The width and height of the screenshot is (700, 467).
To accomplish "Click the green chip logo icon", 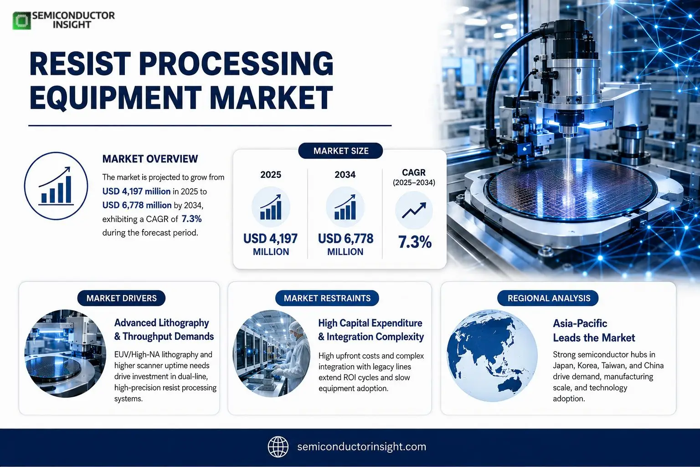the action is click(21, 21).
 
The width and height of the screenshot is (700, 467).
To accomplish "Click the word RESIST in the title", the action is click(80, 64).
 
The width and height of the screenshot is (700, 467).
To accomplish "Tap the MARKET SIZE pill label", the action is click(340, 151).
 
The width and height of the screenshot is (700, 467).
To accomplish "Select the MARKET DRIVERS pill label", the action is click(121, 298).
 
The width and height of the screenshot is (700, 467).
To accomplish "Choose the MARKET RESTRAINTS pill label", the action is click(327, 298).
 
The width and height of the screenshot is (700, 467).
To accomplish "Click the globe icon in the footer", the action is click(278, 446).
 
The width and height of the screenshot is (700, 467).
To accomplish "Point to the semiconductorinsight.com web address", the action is click(361, 446).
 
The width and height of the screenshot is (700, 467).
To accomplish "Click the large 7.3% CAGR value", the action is click(415, 242).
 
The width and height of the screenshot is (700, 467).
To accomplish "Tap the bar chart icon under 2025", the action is click(271, 207).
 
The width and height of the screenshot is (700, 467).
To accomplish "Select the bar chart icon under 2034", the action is click(345, 207).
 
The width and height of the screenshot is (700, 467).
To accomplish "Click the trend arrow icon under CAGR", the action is click(414, 210).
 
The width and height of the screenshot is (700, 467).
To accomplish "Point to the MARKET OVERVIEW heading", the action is click(150, 159).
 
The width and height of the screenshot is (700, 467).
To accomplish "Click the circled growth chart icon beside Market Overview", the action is click(56, 186).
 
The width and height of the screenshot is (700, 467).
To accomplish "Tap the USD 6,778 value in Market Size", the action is click(345, 239).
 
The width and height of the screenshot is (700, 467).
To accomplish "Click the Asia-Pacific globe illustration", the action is click(492, 356).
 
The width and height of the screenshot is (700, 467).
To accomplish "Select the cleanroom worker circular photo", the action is click(271, 353).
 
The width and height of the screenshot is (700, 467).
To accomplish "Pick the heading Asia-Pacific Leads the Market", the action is click(594, 330).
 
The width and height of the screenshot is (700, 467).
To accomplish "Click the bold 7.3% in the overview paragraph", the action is click(191, 218).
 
